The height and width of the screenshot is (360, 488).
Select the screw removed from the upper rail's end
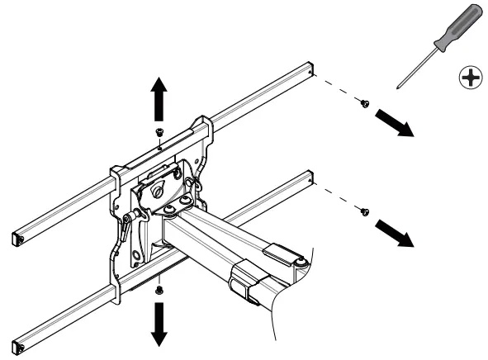pos(362,103)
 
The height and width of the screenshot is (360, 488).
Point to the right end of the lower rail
pos(310,178)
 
